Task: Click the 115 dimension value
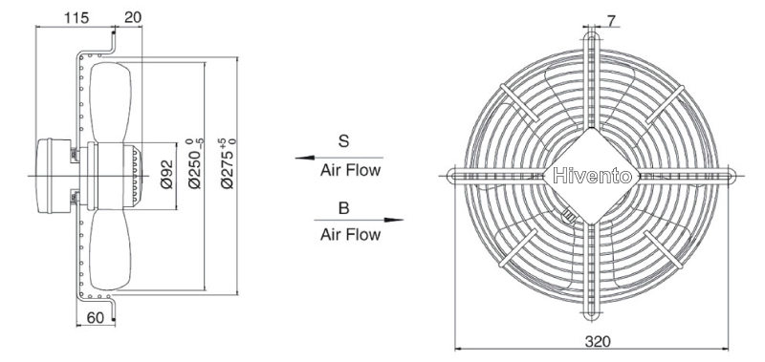coord(77,18)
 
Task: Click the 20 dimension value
coord(132,17)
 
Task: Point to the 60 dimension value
coord(95,318)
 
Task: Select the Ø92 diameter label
coord(166,175)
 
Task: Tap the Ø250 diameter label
coord(195,163)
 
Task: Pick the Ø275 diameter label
coord(228,163)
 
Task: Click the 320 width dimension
coord(597,341)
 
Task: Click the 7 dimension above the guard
coord(611,20)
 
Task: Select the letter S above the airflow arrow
coord(344,141)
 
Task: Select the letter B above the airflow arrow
coord(344,208)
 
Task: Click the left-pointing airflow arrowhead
coord(304,158)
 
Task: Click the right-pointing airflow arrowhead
coord(393,221)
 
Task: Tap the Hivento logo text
coord(592,177)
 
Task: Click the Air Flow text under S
coord(350,171)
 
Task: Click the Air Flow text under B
coord(350,234)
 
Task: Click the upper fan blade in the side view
coord(111,101)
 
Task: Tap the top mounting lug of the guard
coord(591,40)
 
